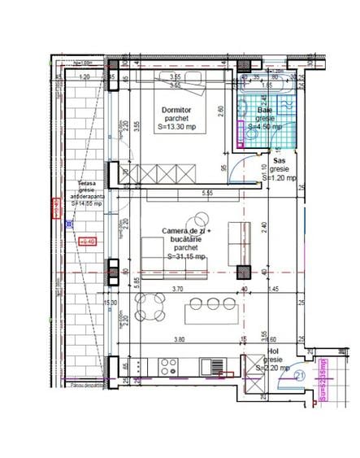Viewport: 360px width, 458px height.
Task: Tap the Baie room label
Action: pyautogui.click(x=265, y=109)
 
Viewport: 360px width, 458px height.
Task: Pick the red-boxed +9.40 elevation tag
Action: pyautogui.click(x=88, y=241)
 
